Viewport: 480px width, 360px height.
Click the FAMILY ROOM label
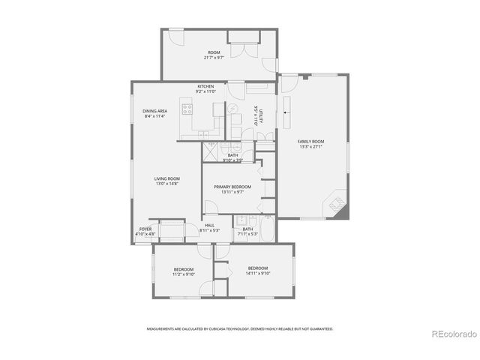point(310,141)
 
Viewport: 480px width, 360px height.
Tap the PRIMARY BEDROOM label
point(232,187)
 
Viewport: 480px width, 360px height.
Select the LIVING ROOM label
point(167,178)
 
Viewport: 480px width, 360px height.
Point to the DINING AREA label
point(155,111)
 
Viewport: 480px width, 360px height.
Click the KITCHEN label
point(206,86)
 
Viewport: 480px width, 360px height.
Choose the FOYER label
point(145,229)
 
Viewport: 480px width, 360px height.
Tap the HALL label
point(209,225)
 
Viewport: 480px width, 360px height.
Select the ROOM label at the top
point(214,52)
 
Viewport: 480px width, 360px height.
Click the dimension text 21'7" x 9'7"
point(214,58)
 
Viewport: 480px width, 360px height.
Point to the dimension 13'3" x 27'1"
point(310,146)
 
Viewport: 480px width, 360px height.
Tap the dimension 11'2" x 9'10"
point(184,274)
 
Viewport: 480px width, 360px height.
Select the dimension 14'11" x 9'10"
point(257,274)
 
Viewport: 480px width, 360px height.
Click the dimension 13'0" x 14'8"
point(167,184)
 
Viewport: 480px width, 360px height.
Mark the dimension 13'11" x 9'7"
point(232,192)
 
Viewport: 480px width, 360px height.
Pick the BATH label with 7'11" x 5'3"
point(247,229)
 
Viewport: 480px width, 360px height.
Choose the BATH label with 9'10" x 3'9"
point(233,155)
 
